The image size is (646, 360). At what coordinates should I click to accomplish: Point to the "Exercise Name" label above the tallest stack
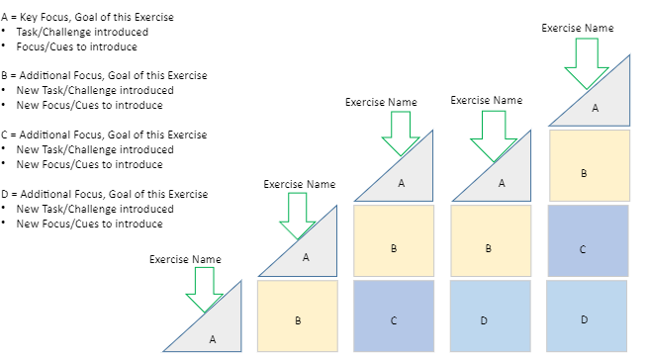click(x=578, y=29)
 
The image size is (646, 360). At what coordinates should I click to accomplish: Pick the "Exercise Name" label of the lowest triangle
click(x=185, y=259)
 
